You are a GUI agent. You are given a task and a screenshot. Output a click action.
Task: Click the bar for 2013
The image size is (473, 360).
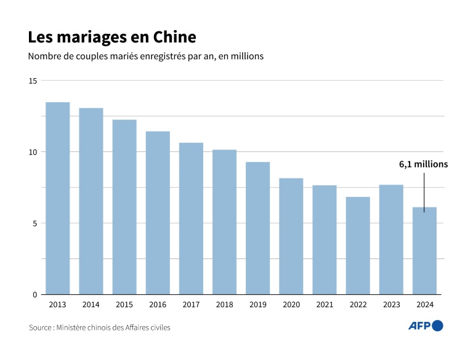57,198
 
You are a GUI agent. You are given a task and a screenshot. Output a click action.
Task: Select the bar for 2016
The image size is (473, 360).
158,213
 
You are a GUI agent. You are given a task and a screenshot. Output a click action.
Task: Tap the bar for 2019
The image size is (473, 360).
257,228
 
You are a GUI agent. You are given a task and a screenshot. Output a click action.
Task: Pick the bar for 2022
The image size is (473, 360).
358,246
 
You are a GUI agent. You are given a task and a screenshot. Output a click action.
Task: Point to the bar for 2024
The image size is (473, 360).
424,250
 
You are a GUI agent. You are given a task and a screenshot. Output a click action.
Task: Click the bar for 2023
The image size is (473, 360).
391,239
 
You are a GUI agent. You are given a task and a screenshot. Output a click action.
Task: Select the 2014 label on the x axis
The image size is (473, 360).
91,304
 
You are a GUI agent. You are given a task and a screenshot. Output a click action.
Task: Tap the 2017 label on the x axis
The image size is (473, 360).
191,304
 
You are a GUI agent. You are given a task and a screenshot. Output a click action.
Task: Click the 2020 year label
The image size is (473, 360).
291,304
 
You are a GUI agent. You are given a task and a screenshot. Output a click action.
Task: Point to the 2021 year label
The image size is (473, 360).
325,304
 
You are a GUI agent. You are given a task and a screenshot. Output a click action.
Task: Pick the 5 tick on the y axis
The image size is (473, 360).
34,223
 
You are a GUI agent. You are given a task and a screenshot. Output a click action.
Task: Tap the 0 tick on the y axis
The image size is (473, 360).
34,295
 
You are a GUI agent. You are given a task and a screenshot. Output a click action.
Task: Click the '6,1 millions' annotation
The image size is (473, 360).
423,164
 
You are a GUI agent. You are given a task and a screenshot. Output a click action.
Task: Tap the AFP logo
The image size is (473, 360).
426,326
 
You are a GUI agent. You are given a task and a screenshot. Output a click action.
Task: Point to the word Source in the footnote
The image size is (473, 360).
41,327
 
